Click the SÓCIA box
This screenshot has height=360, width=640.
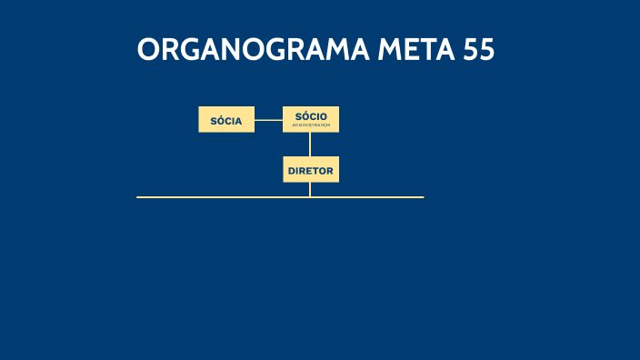[x=226, y=120]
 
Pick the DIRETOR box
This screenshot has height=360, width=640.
[x=311, y=170]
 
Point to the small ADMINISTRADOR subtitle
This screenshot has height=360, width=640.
[x=311, y=125]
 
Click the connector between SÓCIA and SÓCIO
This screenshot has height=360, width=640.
[x=268, y=120]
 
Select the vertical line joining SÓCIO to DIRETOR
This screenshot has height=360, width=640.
[x=310, y=145]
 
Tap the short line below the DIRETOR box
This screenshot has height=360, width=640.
[x=310, y=189]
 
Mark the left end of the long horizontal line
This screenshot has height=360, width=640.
[x=138, y=196]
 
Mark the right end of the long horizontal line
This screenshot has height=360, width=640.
[x=423, y=196]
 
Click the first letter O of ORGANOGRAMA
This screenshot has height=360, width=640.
[x=149, y=50]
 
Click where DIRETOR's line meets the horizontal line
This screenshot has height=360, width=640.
[x=310, y=196]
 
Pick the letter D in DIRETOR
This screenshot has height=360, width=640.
[x=291, y=170]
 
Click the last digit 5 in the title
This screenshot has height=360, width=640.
[x=486, y=50]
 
